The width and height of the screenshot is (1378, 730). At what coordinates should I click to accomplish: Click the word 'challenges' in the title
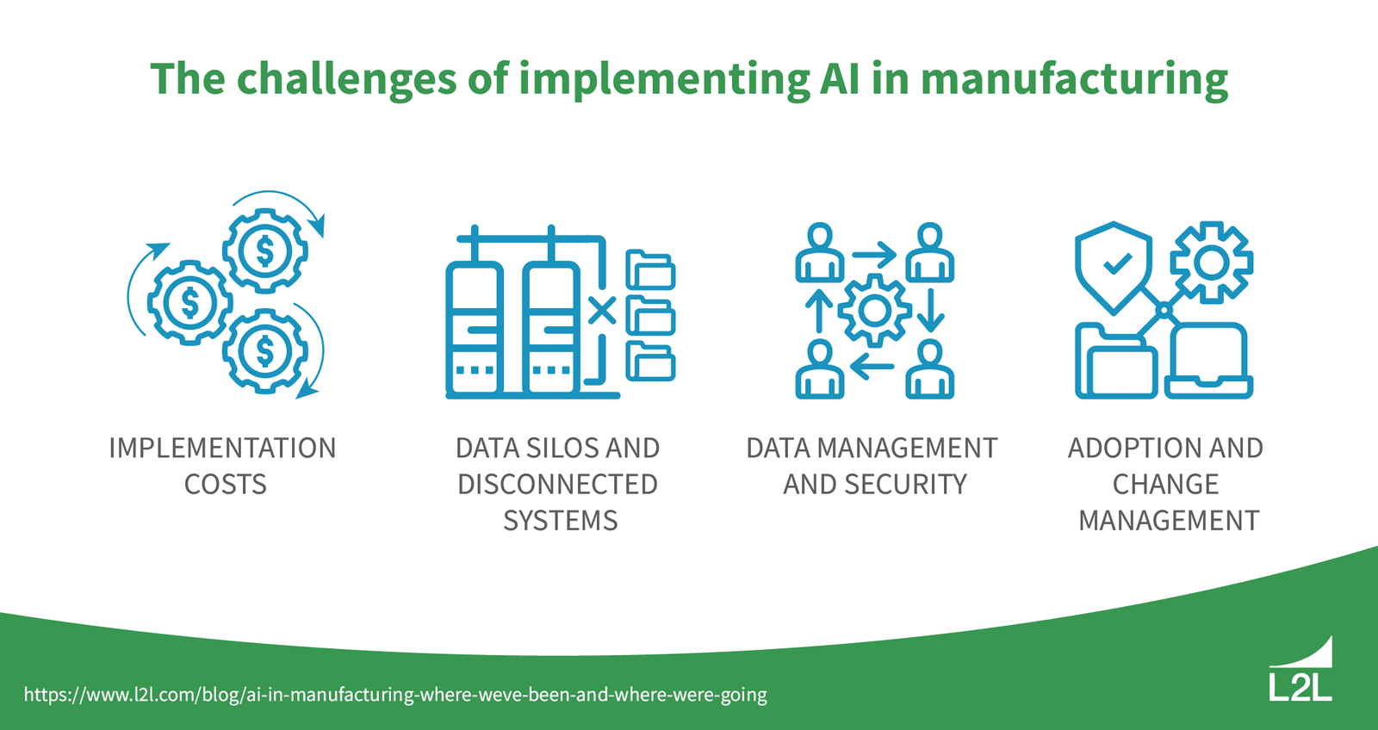pos(347,79)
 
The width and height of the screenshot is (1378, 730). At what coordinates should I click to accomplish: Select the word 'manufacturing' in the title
pos(1074,79)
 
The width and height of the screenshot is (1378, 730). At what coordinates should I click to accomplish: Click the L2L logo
pos(1300,671)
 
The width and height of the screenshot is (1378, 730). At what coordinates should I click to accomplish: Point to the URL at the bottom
pos(395,694)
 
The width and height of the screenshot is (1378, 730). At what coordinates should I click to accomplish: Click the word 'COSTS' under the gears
pos(225,485)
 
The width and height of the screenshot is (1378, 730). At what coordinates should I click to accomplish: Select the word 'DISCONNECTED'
pos(557,485)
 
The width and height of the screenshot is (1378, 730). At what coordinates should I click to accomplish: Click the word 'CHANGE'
pos(1165,485)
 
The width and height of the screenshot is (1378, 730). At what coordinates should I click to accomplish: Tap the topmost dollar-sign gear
pos(265,251)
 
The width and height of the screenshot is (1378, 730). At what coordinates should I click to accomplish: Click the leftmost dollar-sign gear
pos(189,303)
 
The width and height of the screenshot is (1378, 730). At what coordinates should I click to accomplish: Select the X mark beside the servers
pos(602,310)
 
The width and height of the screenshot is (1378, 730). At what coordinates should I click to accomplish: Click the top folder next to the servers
pos(650,270)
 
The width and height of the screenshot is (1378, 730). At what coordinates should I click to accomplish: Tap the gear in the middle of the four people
pos(874,311)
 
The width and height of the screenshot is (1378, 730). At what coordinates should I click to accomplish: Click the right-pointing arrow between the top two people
pos(874,256)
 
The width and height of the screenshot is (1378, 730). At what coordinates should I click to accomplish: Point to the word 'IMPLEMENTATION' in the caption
pos(222,449)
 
